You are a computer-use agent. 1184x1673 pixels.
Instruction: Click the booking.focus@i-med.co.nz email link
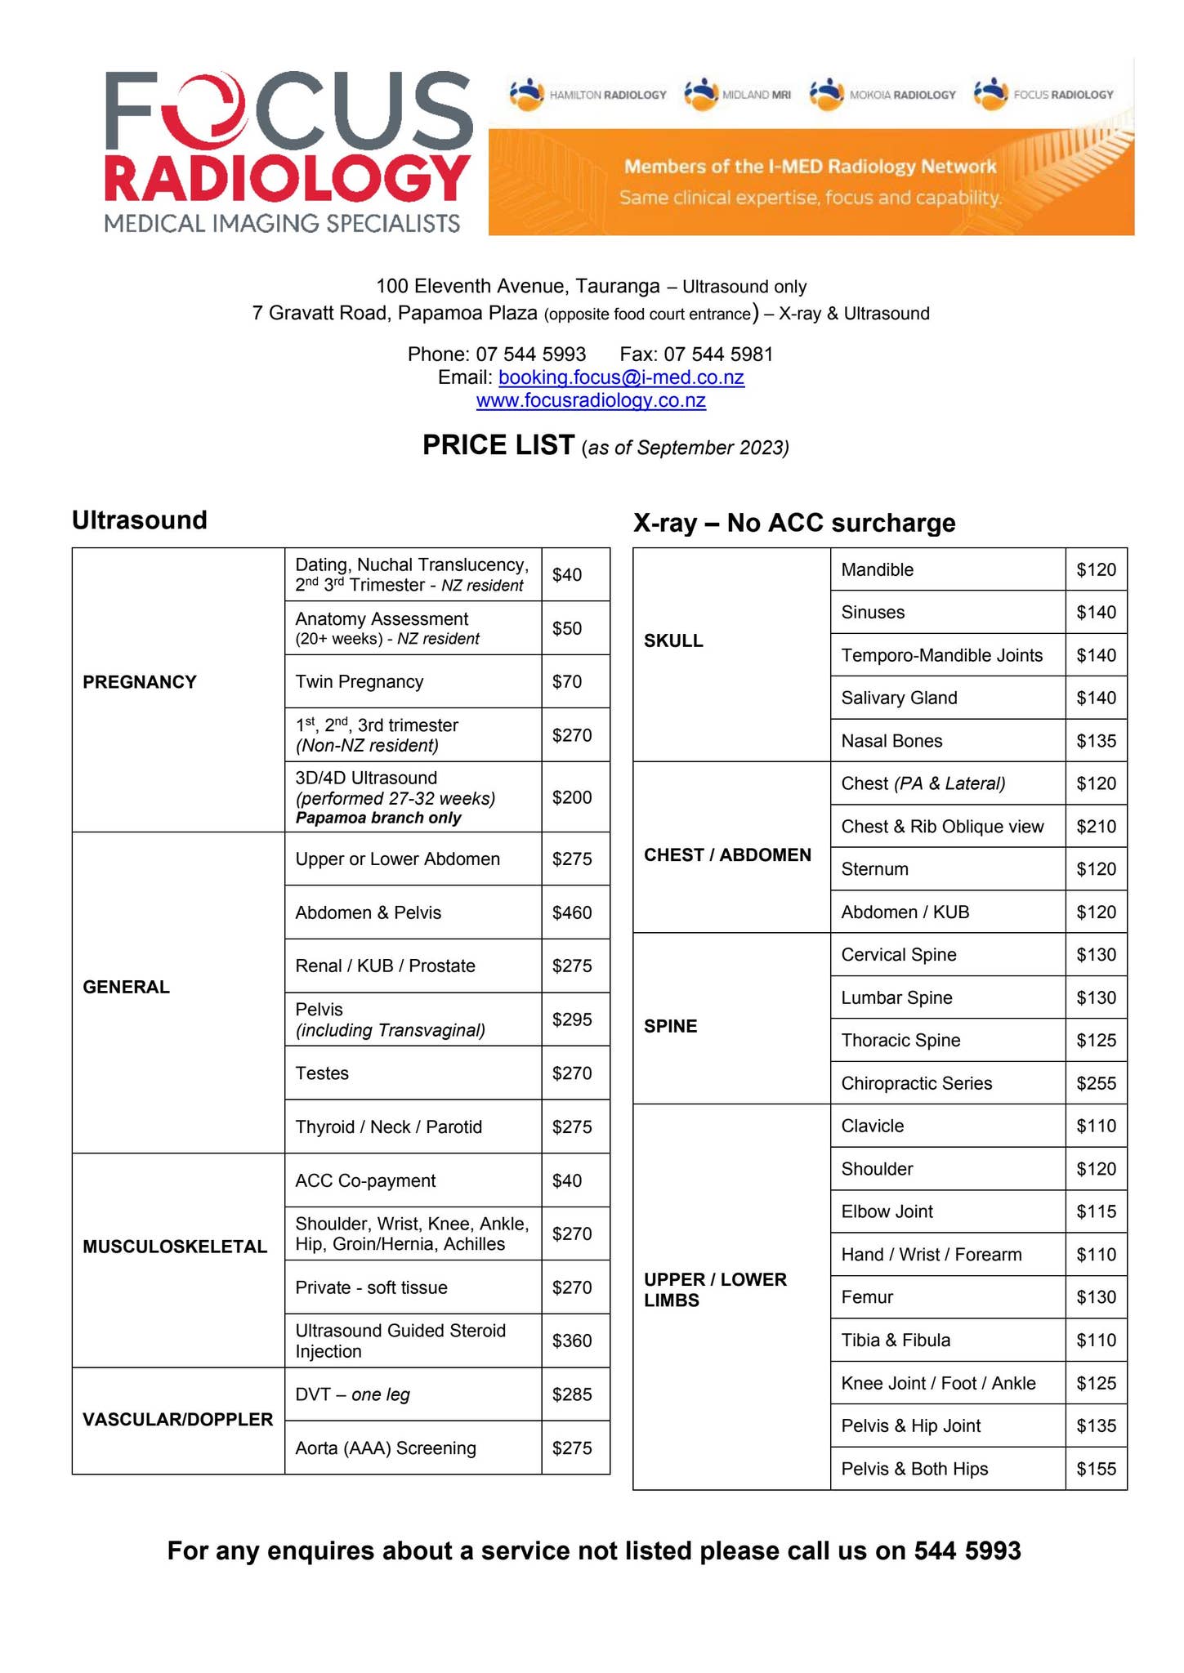pos(621,377)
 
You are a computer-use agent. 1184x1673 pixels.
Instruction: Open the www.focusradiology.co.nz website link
pos(591,400)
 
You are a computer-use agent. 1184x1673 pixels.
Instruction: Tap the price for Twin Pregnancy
pos(567,681)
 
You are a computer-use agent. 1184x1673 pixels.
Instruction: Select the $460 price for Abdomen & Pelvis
pos(572,912)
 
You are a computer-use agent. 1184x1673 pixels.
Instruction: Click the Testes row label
pos(322,1073)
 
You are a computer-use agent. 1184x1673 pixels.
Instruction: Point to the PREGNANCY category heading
pos(140,682)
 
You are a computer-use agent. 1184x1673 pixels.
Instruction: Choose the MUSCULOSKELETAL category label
pos(175,1247)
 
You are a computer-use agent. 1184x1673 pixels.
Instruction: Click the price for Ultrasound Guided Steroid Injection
pos(572,1341)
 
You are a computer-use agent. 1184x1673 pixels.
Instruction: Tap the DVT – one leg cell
pos(353,1394)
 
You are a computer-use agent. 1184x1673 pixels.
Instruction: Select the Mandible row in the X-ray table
pos(878,569)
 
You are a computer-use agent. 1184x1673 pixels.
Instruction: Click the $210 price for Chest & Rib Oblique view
pos(1096,827)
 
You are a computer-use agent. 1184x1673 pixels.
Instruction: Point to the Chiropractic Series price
pos(1096,1083)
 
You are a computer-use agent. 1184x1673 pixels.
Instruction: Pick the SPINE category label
pos(671,1026)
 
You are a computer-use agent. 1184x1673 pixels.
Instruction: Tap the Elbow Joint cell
pos(887,1211)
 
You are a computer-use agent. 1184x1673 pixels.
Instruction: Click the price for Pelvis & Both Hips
pos(1096,1469)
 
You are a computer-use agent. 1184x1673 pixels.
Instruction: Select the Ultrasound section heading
pos(140,520)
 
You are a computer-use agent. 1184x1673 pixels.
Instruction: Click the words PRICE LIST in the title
pos(498,445)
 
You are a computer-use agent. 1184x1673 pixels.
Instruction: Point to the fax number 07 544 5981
pos(718,355)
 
